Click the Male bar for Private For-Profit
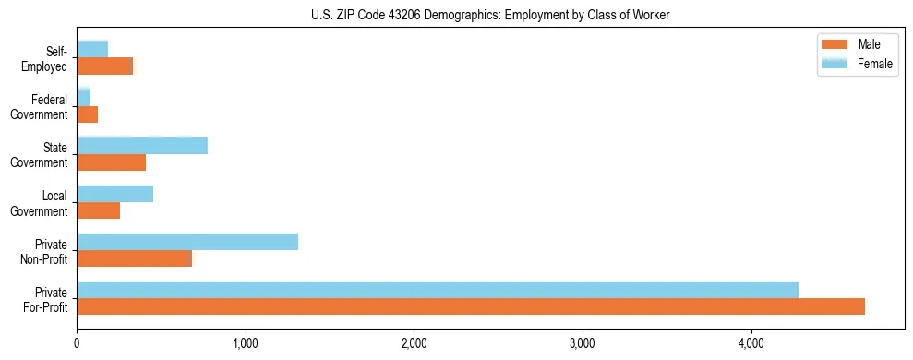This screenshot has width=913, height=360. [471, 306]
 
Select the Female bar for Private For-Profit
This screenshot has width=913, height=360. [438, 290]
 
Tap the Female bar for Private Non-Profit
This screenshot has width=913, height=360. [187, 242]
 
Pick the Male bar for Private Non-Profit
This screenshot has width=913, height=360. [135, 258]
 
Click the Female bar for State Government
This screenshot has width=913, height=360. [142, 146]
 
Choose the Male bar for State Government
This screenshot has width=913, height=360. [112, 162]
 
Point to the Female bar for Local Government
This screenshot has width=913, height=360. [115, 194]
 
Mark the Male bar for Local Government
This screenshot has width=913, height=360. [99, 210]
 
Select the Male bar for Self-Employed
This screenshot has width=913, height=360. [105, 66]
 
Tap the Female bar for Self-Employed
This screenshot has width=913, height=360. [92, 49]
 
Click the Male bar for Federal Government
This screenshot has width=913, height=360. [88, 114]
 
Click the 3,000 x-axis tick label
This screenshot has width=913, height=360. [583, 343]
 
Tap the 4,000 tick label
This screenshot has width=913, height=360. [751, 343]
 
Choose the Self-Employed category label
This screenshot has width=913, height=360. [49, 58]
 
